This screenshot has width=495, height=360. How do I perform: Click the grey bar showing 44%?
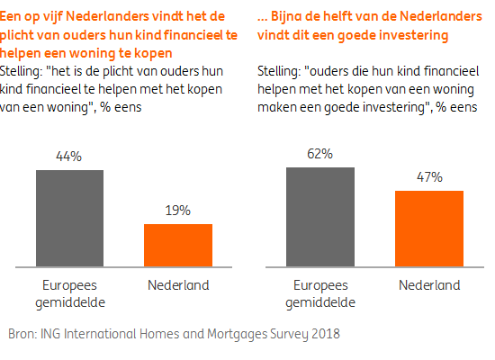point(69,218)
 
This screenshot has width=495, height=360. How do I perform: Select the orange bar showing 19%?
point(178,245)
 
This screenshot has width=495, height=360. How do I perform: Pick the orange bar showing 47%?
point(429,229)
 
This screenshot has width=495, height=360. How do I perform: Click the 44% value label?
point(69,157)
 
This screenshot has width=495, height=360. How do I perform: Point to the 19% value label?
point(177,211)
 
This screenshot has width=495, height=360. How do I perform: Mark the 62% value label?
point(319,154)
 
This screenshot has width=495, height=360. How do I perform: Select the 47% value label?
point(429,177)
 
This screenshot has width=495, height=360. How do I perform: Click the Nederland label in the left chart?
point(177,285)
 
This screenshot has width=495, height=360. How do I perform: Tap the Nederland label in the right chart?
point(429,285)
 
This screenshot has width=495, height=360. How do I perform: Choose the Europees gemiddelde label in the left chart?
point(69,293)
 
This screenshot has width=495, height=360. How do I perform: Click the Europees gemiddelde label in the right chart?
point(319,293)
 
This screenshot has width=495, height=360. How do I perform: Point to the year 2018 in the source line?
point(326,333)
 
